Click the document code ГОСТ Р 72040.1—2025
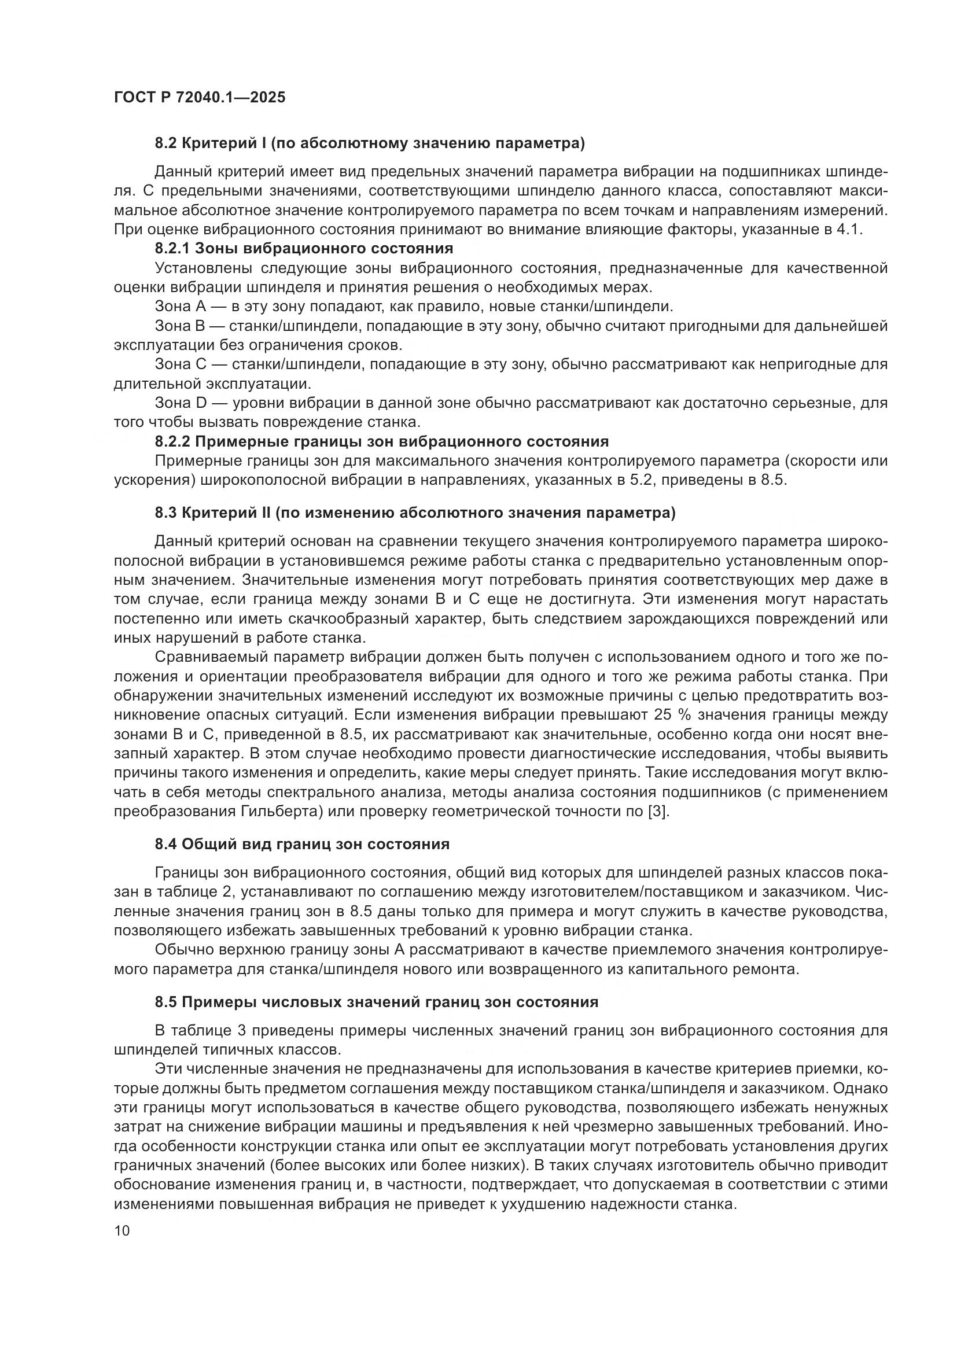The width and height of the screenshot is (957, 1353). (199, 98)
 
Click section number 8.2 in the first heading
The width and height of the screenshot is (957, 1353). (165, 143)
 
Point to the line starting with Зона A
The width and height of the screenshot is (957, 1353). (413, 307)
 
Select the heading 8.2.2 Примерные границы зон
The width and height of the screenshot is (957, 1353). (381, 441)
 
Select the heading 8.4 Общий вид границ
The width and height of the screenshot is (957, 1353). (301, 844)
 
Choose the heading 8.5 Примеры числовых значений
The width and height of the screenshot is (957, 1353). (376, 1002)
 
